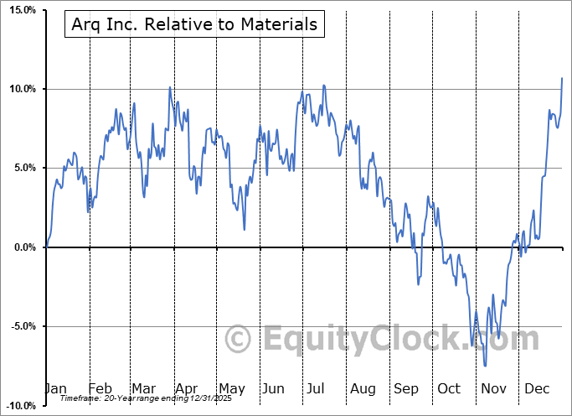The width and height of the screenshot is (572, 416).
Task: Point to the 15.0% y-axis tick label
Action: click(21, 10)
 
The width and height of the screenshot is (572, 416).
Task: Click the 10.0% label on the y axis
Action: click(21, 89)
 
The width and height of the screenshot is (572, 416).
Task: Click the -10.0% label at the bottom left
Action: click(19, 405)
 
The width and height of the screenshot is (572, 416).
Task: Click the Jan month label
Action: click(55, 388)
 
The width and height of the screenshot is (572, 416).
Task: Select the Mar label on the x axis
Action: click(142, 388)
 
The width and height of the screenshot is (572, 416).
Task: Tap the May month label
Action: click(231, 388)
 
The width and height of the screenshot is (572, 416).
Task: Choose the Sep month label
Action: click(406, 388)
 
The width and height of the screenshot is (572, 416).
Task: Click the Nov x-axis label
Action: click(493, 388)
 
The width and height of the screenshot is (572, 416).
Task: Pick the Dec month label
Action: click(537, 388)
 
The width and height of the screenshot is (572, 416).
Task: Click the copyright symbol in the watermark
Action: click(239, 339)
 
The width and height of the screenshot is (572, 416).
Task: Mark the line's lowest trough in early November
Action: click(485, 366)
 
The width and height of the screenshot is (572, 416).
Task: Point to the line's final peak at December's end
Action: click(562, 78)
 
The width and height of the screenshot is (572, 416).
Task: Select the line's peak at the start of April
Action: click(170, 87)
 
